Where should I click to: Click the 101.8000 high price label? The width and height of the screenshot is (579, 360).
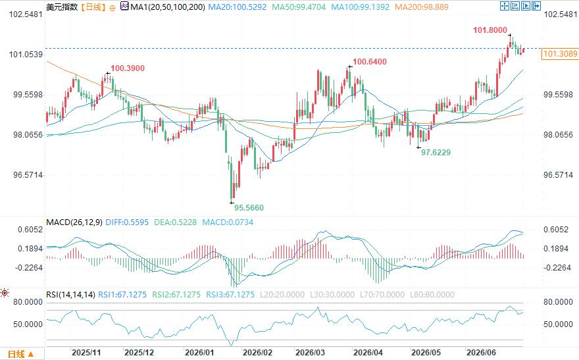pos(490,30)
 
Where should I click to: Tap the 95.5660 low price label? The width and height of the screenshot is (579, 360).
pos(249,208)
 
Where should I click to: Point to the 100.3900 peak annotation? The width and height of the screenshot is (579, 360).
pos(128,68)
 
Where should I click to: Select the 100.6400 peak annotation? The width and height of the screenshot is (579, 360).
pos(370,62)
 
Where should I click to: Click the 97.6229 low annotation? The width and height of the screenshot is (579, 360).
pos(436,153)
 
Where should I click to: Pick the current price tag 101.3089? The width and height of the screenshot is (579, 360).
pos(560,54)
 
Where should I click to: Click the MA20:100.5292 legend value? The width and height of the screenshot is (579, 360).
pos(237,7)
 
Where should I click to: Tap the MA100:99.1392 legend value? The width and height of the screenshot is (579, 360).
pos(360,7)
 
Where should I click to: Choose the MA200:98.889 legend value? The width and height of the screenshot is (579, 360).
pos(422,7)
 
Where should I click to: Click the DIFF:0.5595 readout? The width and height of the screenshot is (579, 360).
pos(127,222)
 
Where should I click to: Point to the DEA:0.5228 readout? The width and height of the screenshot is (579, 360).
pos(176,222)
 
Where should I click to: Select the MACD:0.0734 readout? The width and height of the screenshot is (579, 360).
pos(228,222)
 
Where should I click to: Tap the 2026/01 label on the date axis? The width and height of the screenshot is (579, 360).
pos(199,353)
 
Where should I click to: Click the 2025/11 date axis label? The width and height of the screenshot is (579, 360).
pos(86,353)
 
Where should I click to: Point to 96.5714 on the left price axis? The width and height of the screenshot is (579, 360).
pos(28,175)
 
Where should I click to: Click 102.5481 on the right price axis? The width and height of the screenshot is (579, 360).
pos(561,14)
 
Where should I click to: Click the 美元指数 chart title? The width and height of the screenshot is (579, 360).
pos(62,7)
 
